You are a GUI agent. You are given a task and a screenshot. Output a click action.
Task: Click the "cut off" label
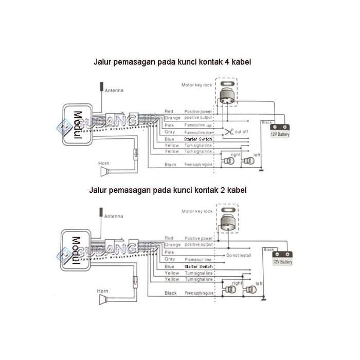point(242,132)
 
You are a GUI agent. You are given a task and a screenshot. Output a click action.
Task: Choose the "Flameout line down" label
point(200,132)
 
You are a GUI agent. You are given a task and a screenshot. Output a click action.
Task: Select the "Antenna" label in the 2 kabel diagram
point(114,217)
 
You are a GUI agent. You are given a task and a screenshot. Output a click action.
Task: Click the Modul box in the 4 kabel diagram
point(77,123)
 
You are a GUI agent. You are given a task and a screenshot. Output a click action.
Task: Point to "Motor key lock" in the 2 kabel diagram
point(196,211)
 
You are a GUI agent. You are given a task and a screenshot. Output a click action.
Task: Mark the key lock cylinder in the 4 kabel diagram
point(226,95)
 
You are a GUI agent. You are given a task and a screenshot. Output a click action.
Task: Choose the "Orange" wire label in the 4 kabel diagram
point(172,118)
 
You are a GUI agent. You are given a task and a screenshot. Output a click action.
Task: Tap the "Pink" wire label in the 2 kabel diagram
point(169,253)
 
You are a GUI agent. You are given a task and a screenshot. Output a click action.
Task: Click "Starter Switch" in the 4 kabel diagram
point(197,139)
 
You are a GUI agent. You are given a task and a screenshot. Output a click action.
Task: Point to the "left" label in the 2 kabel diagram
point(259,283)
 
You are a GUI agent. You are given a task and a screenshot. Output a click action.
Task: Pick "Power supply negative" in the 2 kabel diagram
point(199,293)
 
